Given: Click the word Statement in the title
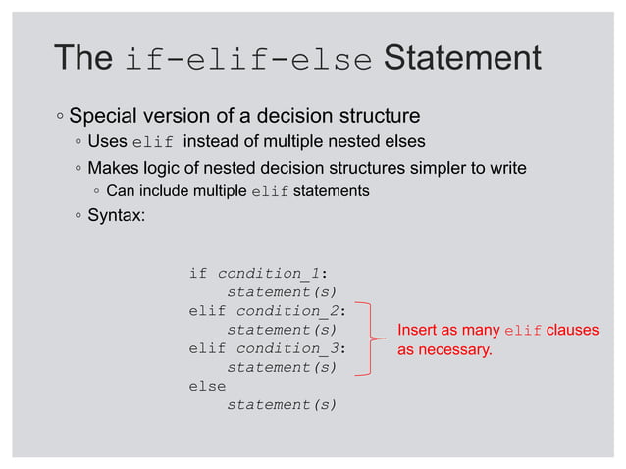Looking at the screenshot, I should [x=461, y=58].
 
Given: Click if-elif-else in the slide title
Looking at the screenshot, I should [x=248, y=60].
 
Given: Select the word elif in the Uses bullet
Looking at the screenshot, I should [x=151, y=144].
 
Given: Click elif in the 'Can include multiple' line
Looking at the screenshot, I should [x=270, y=191].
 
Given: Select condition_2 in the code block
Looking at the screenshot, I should [x=288, y=311].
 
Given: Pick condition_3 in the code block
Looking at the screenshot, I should [x=288, y=348].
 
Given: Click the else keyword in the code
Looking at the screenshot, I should [x=207, y=386].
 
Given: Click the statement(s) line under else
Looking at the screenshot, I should [x=282, y=404].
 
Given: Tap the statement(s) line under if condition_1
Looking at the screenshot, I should [x=282, y=292].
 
